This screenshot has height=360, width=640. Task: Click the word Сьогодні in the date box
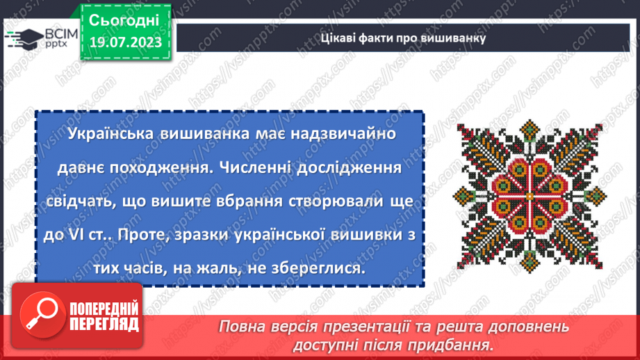124,19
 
